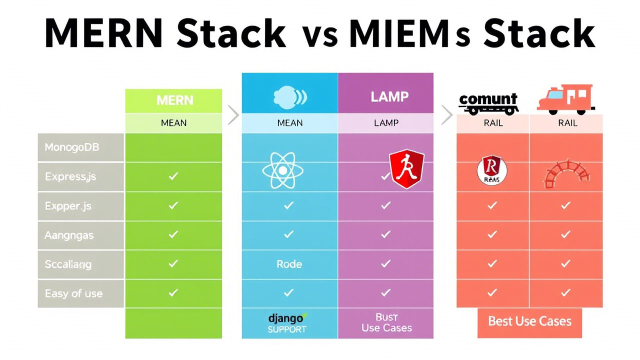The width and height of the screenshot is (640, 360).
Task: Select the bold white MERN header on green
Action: pyautogui.click(x=174, y=100)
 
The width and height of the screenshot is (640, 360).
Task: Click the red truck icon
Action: pyautogui.click(x=565, y=98)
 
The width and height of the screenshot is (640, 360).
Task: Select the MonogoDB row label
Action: pyautogui.click(x=72, y=147)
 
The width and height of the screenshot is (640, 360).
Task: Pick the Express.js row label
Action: pyautogui.click(x=70, y=176)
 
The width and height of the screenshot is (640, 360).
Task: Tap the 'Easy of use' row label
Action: pyautogui.click(x=73, y=293)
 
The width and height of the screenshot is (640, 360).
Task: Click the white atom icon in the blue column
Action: pyautogui.click(x=282, y=170)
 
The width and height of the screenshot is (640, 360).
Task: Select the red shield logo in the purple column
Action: pyautogui.click(x=406, y=169)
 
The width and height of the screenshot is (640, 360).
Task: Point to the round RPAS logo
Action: pyautogui.click(x=492, y=170)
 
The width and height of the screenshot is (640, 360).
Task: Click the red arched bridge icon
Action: pyautogui.click(x=566, y=173)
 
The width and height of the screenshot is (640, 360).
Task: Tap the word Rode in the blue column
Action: pyautogui.click(x=289, y=264)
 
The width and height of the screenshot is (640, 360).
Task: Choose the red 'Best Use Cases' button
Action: pyautogui.click(x=529, y=321)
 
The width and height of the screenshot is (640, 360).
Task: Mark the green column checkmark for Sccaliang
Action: pyautogui.click(x=173, y=263)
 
